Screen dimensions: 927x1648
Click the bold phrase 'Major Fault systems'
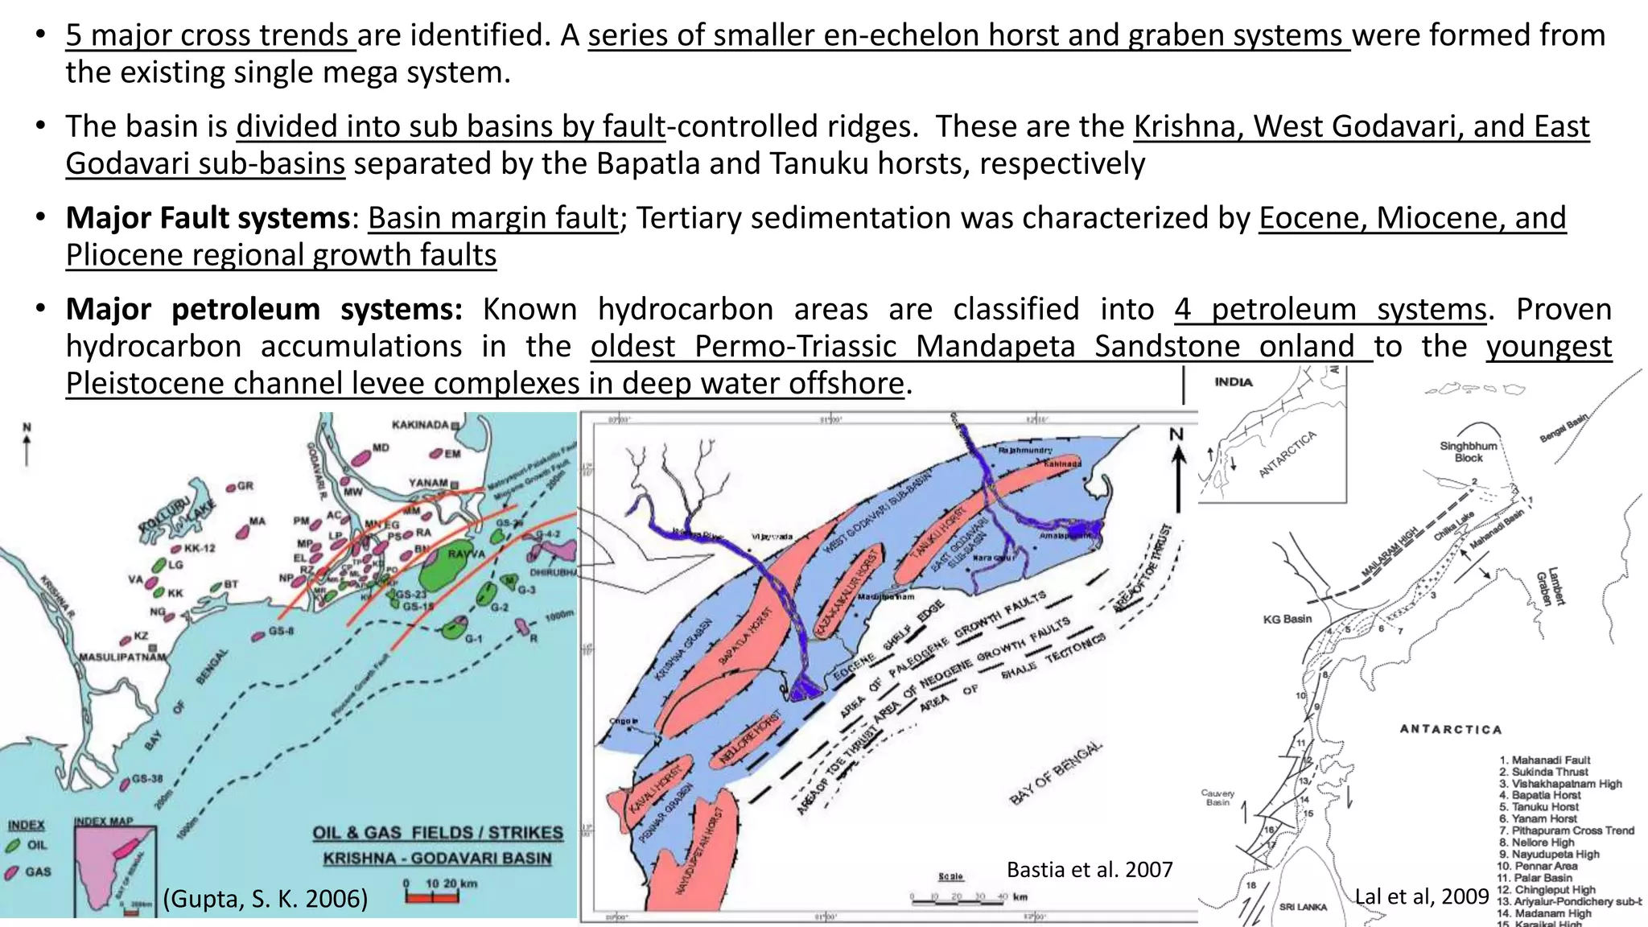click(208, 218)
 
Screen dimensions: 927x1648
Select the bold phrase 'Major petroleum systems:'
click(264, 310)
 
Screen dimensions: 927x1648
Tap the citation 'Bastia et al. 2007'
click(1090, 869)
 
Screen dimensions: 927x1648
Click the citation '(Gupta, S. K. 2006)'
click(266, 898)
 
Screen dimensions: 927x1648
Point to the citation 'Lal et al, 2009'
click(1422, 896)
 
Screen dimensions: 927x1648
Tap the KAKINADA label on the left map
click(421, 424)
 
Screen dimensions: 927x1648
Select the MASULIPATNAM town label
click(122, 657)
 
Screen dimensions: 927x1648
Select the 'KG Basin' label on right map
click(1287, 619)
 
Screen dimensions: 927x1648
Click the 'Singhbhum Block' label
click(1469, 451)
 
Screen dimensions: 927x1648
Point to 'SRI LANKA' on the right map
click(1303, 907)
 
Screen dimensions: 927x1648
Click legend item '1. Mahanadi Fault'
click(1544, 760)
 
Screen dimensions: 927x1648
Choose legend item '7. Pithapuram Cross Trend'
click(1567, 830)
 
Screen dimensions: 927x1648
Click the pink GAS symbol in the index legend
click(13, 871)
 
